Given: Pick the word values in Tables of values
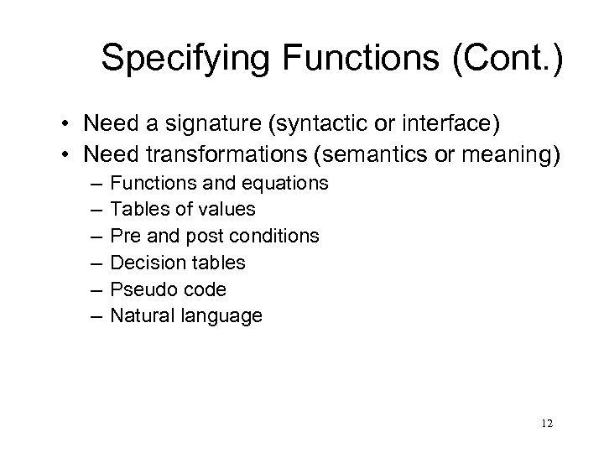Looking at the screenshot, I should click(x=231, y=210).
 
